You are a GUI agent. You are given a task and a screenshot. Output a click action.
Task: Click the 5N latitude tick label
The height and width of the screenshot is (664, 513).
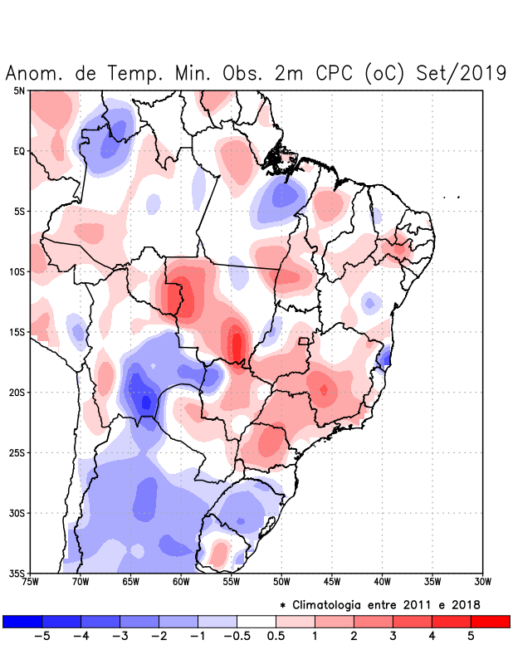pos(19,90)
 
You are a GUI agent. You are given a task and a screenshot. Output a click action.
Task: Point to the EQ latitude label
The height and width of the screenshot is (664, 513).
pos(19,151)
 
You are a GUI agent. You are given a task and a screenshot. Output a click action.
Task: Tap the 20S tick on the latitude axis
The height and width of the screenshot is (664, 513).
pos(17,393)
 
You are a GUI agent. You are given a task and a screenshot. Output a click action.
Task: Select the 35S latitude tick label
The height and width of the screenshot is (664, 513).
pos(17,573)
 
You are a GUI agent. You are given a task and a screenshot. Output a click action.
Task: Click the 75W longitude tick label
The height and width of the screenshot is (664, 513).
pos(31,581)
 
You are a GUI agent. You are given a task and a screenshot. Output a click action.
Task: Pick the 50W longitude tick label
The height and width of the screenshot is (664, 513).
pos(281,581)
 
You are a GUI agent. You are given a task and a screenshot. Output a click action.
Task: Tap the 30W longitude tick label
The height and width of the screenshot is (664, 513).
pos(482,581)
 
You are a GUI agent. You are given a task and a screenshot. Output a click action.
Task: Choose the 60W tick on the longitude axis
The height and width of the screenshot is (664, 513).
pos(181,581)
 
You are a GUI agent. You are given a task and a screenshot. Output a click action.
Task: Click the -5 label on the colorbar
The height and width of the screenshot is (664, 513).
pos(42,637)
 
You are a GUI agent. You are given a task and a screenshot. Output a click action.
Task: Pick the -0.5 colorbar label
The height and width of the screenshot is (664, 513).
pos(235,637)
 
